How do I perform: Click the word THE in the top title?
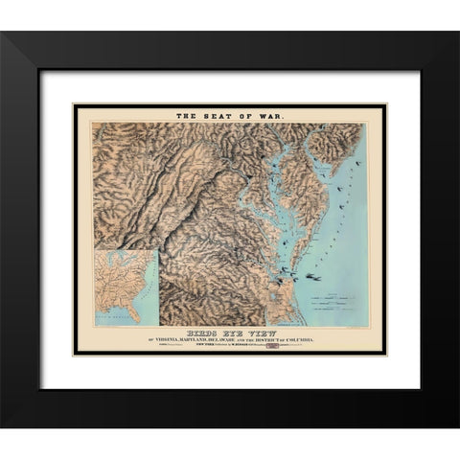tap(186, 116)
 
